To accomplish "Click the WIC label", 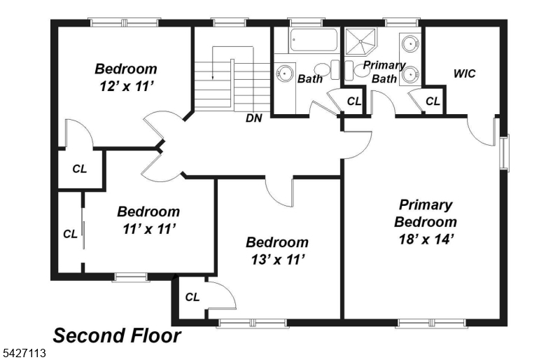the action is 464,74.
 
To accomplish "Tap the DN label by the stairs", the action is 254,118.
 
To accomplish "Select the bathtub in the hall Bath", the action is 314,40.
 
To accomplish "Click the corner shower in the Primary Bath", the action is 360,41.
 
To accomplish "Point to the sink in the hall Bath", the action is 285,74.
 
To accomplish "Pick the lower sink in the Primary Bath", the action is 410,74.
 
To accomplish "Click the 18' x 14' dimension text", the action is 426,239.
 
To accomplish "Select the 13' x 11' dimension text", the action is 277,260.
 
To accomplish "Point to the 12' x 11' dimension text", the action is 127,86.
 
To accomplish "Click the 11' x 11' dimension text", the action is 149,229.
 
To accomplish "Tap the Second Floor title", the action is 117,336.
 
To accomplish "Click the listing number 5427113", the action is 23,354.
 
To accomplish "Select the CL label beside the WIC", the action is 433,102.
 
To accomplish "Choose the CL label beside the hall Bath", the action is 354,102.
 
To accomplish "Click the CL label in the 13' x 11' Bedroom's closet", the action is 192,297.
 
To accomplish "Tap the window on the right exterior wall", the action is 504,153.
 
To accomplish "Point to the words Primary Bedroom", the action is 426,214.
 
